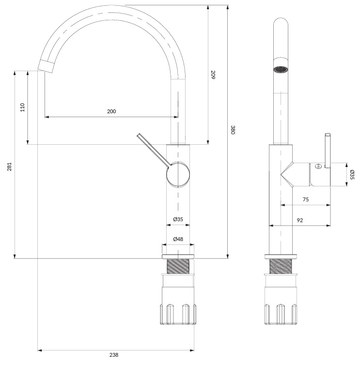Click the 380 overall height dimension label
pos(233,130)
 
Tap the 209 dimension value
pos(213,75)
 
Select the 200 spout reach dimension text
pos(111,111)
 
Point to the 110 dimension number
pos(23,107)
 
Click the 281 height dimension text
pos(9,167)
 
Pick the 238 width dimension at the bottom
pos(114,355)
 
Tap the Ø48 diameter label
pos(178,239)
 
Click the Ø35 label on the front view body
pos(178,219)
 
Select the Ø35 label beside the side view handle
pos(352,175)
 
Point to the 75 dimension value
pos(305,199)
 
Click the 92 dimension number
pos(300,220)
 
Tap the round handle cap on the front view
pos(178,174)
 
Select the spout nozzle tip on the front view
pos(47,66)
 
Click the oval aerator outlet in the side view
pos(281,69)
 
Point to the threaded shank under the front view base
pos(178,266)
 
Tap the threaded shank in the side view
pos(281,266)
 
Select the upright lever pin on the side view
pos(328,151)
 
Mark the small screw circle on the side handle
pos(317,167)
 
